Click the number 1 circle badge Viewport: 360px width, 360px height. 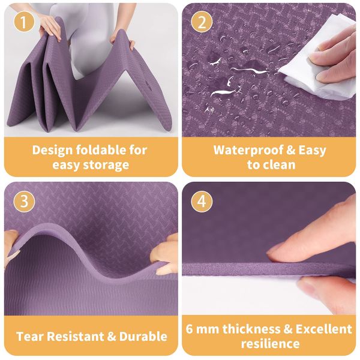[24, 22]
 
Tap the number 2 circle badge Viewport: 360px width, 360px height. [202, 22]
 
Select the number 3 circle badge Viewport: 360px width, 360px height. [24, 202]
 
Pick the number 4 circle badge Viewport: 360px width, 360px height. [202, 202]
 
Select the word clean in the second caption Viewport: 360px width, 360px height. [281, 165]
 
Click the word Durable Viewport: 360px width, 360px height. [143, 337]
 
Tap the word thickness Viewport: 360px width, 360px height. [251, 329]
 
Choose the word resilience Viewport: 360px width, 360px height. [270, 344]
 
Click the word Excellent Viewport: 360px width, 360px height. [323, 329]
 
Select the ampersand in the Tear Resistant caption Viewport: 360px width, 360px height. [112, 337]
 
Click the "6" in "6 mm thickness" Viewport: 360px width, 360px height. [189, 329]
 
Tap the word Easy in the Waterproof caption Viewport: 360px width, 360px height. [312, 151]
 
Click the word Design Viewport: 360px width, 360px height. [52, 151]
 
